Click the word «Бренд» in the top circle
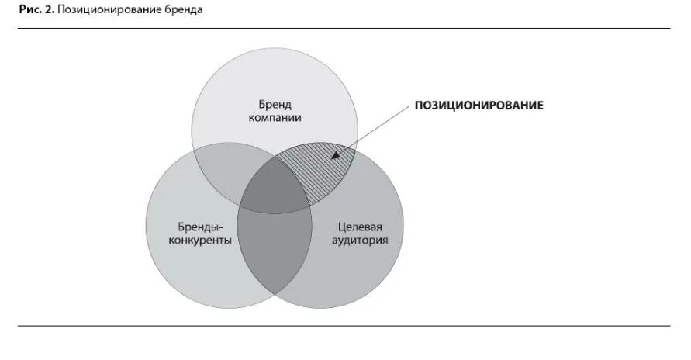coord(275,104)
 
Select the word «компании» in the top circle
coord(275,118)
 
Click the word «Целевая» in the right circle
coord(361,227)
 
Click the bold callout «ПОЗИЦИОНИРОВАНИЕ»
coord(479,105)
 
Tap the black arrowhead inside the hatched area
coord(335,155)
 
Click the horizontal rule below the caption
coord(345,29)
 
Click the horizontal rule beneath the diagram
coord(345,326)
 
